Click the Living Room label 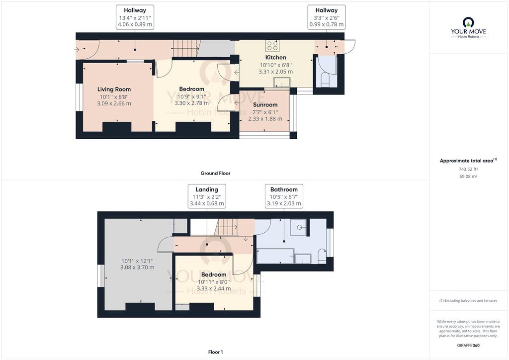click(114, 90)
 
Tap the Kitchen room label click(275, 58)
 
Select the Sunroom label click(265, 105)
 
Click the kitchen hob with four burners click(272, 46)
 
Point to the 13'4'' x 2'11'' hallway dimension click(135, 18)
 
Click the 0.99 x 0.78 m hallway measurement click(326, 24)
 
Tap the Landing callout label click(207, 189)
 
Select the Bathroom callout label click(284, 189)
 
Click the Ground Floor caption click(216, 174)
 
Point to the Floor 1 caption click(216, 352)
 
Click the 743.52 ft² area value click(468, 169)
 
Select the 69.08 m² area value click(468, 177)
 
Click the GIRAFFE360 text click(468, 346)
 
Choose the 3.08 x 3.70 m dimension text click(137, 268)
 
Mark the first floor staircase click(227, 227)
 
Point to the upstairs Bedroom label click(214, 274)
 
